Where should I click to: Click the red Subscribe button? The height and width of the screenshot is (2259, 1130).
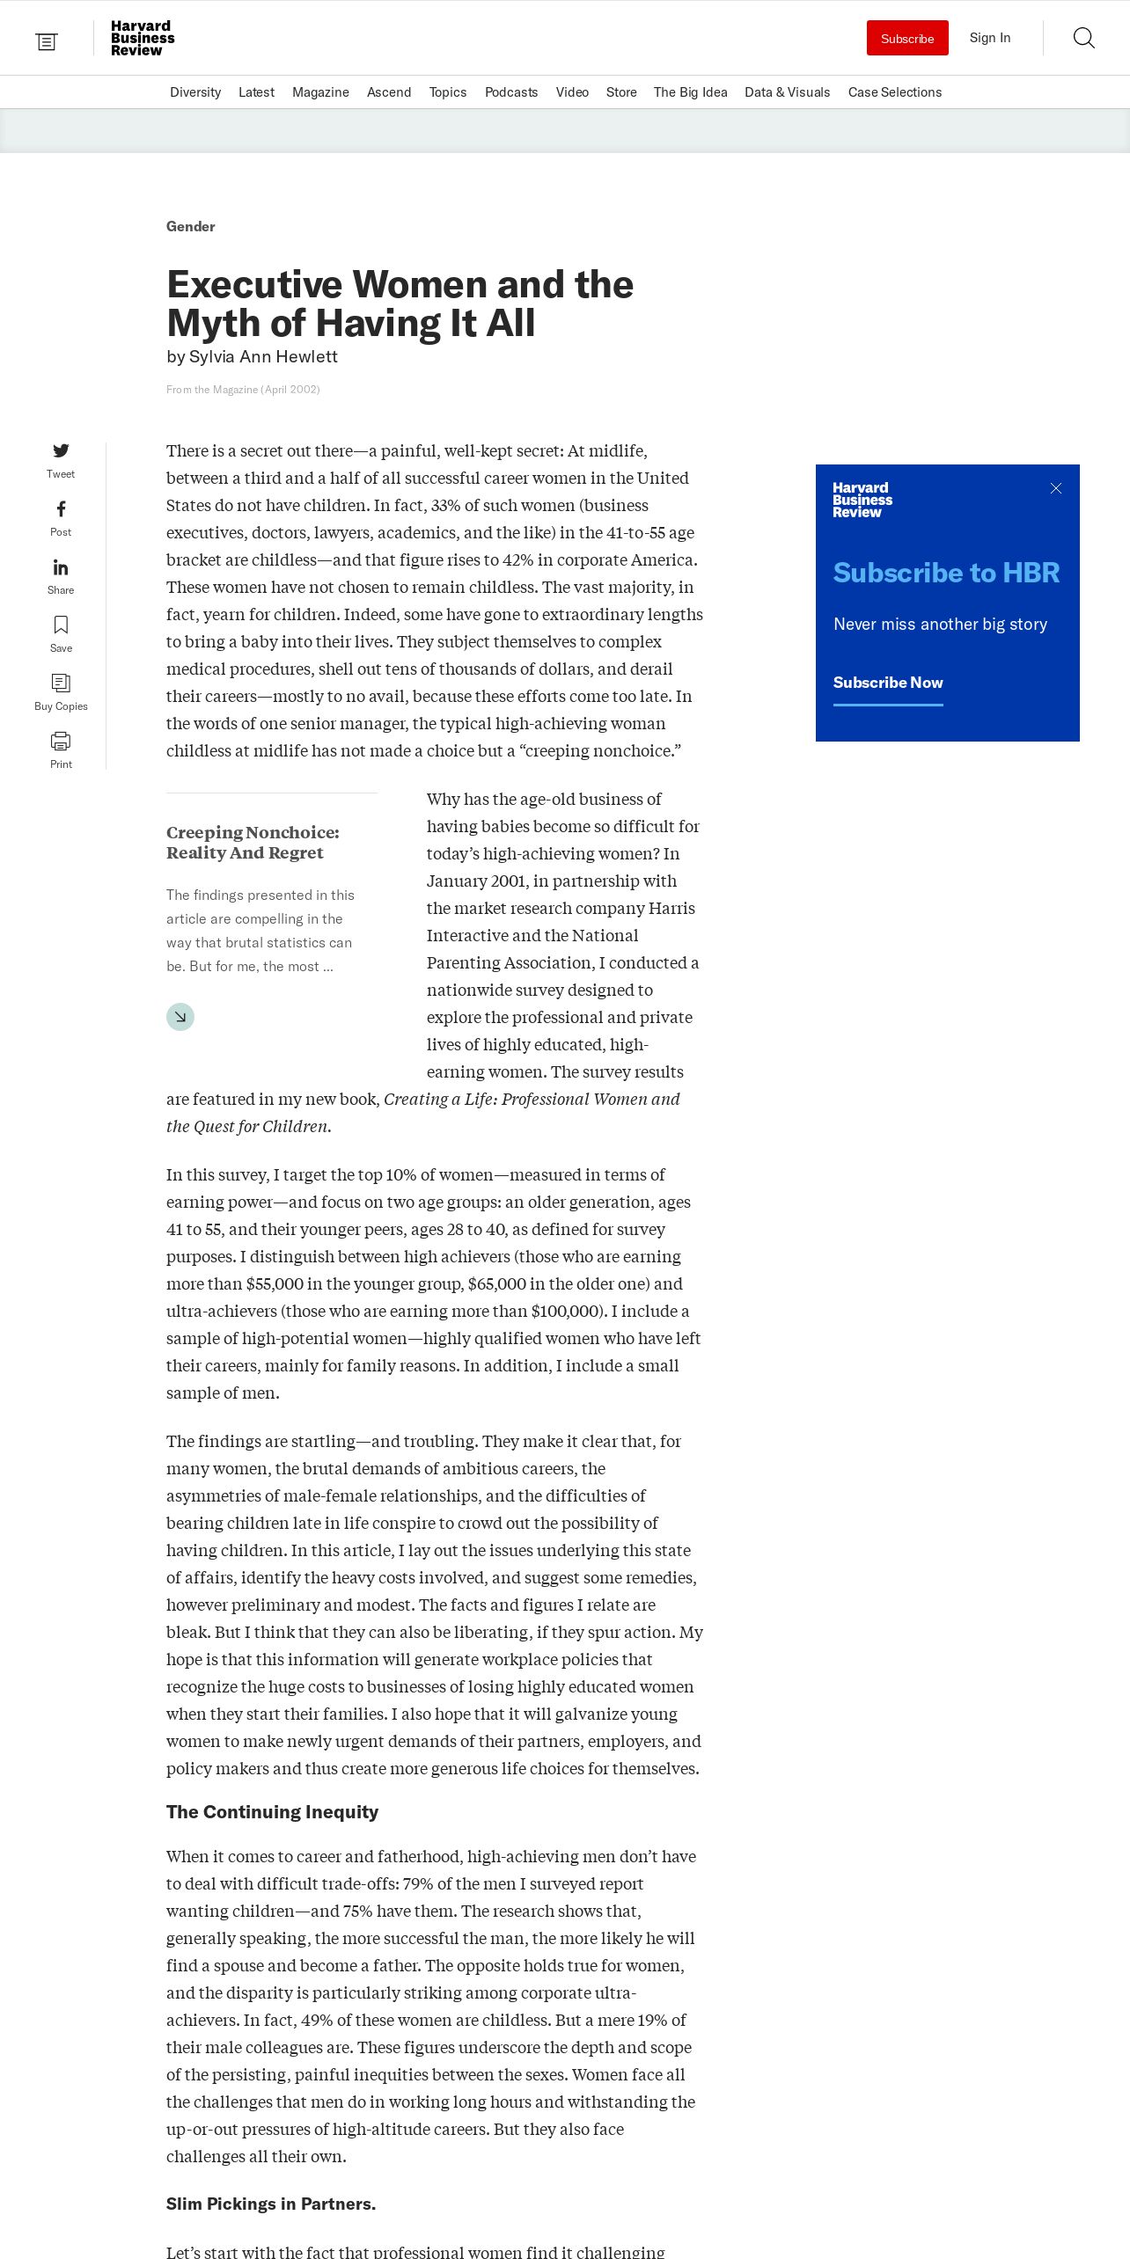(x=907, y=38)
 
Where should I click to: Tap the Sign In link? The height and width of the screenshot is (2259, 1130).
(x=989, y=38)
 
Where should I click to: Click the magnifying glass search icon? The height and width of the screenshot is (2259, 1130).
(x=1083, y=38)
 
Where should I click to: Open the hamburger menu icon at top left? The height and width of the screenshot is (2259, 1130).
(x=47, y=41)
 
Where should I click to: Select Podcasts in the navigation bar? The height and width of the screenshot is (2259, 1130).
(x=511, y=92)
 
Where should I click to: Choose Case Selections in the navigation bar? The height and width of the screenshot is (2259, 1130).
(x=894, y=92)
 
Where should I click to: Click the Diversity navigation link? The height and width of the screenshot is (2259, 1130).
(x=195, y=92)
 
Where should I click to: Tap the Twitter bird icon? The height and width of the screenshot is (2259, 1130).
(x=61, y=451)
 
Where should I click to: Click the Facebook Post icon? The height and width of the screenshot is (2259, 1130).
(x=61, y=509)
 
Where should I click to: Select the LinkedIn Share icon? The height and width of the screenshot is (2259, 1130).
(x=61, y=567)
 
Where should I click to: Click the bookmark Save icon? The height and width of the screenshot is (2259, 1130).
(x=61, y=625)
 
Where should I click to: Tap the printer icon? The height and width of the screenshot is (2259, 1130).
(x=61, y=741)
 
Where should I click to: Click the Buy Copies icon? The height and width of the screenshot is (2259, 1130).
(x=61, y=684)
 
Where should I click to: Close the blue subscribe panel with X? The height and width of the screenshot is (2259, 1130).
(x=1056, y=488)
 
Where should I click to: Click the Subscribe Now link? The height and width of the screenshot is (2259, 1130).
(x=888, y=683)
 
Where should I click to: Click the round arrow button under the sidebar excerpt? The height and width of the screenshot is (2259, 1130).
(x=180, y=1017)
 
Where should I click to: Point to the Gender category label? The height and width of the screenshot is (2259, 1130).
(x=191, y=227)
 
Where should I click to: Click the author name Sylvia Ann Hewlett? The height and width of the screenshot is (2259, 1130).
(x=263, y=356)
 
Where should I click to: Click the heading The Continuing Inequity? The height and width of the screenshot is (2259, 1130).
(x=272, y=1812)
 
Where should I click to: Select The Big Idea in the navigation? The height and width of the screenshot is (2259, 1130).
(x=690, y=92)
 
